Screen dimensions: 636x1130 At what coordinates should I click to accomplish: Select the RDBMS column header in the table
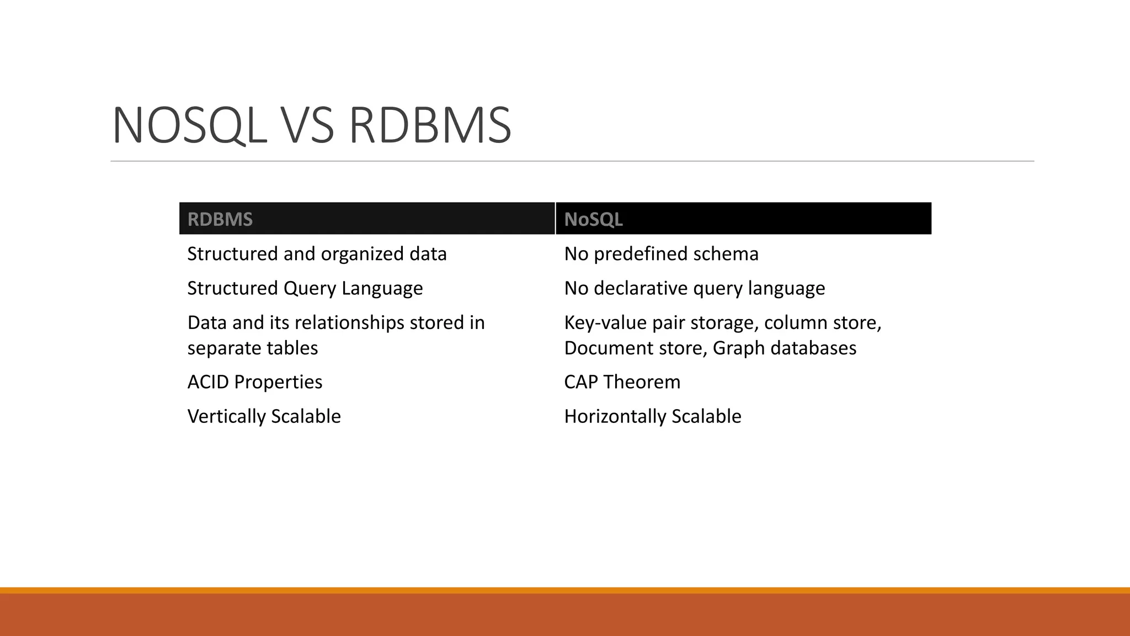point(220,219)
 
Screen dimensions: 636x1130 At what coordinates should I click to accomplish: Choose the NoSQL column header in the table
point(593,219)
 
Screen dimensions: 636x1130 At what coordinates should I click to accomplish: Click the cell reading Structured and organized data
point(317,254)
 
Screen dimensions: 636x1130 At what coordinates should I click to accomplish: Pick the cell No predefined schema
point(661,254)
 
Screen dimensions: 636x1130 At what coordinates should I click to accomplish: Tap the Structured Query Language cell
point(305,288)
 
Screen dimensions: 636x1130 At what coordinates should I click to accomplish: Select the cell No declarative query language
point(694,288)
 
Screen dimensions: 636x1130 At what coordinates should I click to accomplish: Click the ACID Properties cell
point(255,382)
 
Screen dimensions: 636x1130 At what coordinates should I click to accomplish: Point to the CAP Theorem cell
point(622,382)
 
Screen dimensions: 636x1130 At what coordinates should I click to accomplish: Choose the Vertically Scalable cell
point(264,416)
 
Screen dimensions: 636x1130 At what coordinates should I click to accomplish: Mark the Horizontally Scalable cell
point(652,416)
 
